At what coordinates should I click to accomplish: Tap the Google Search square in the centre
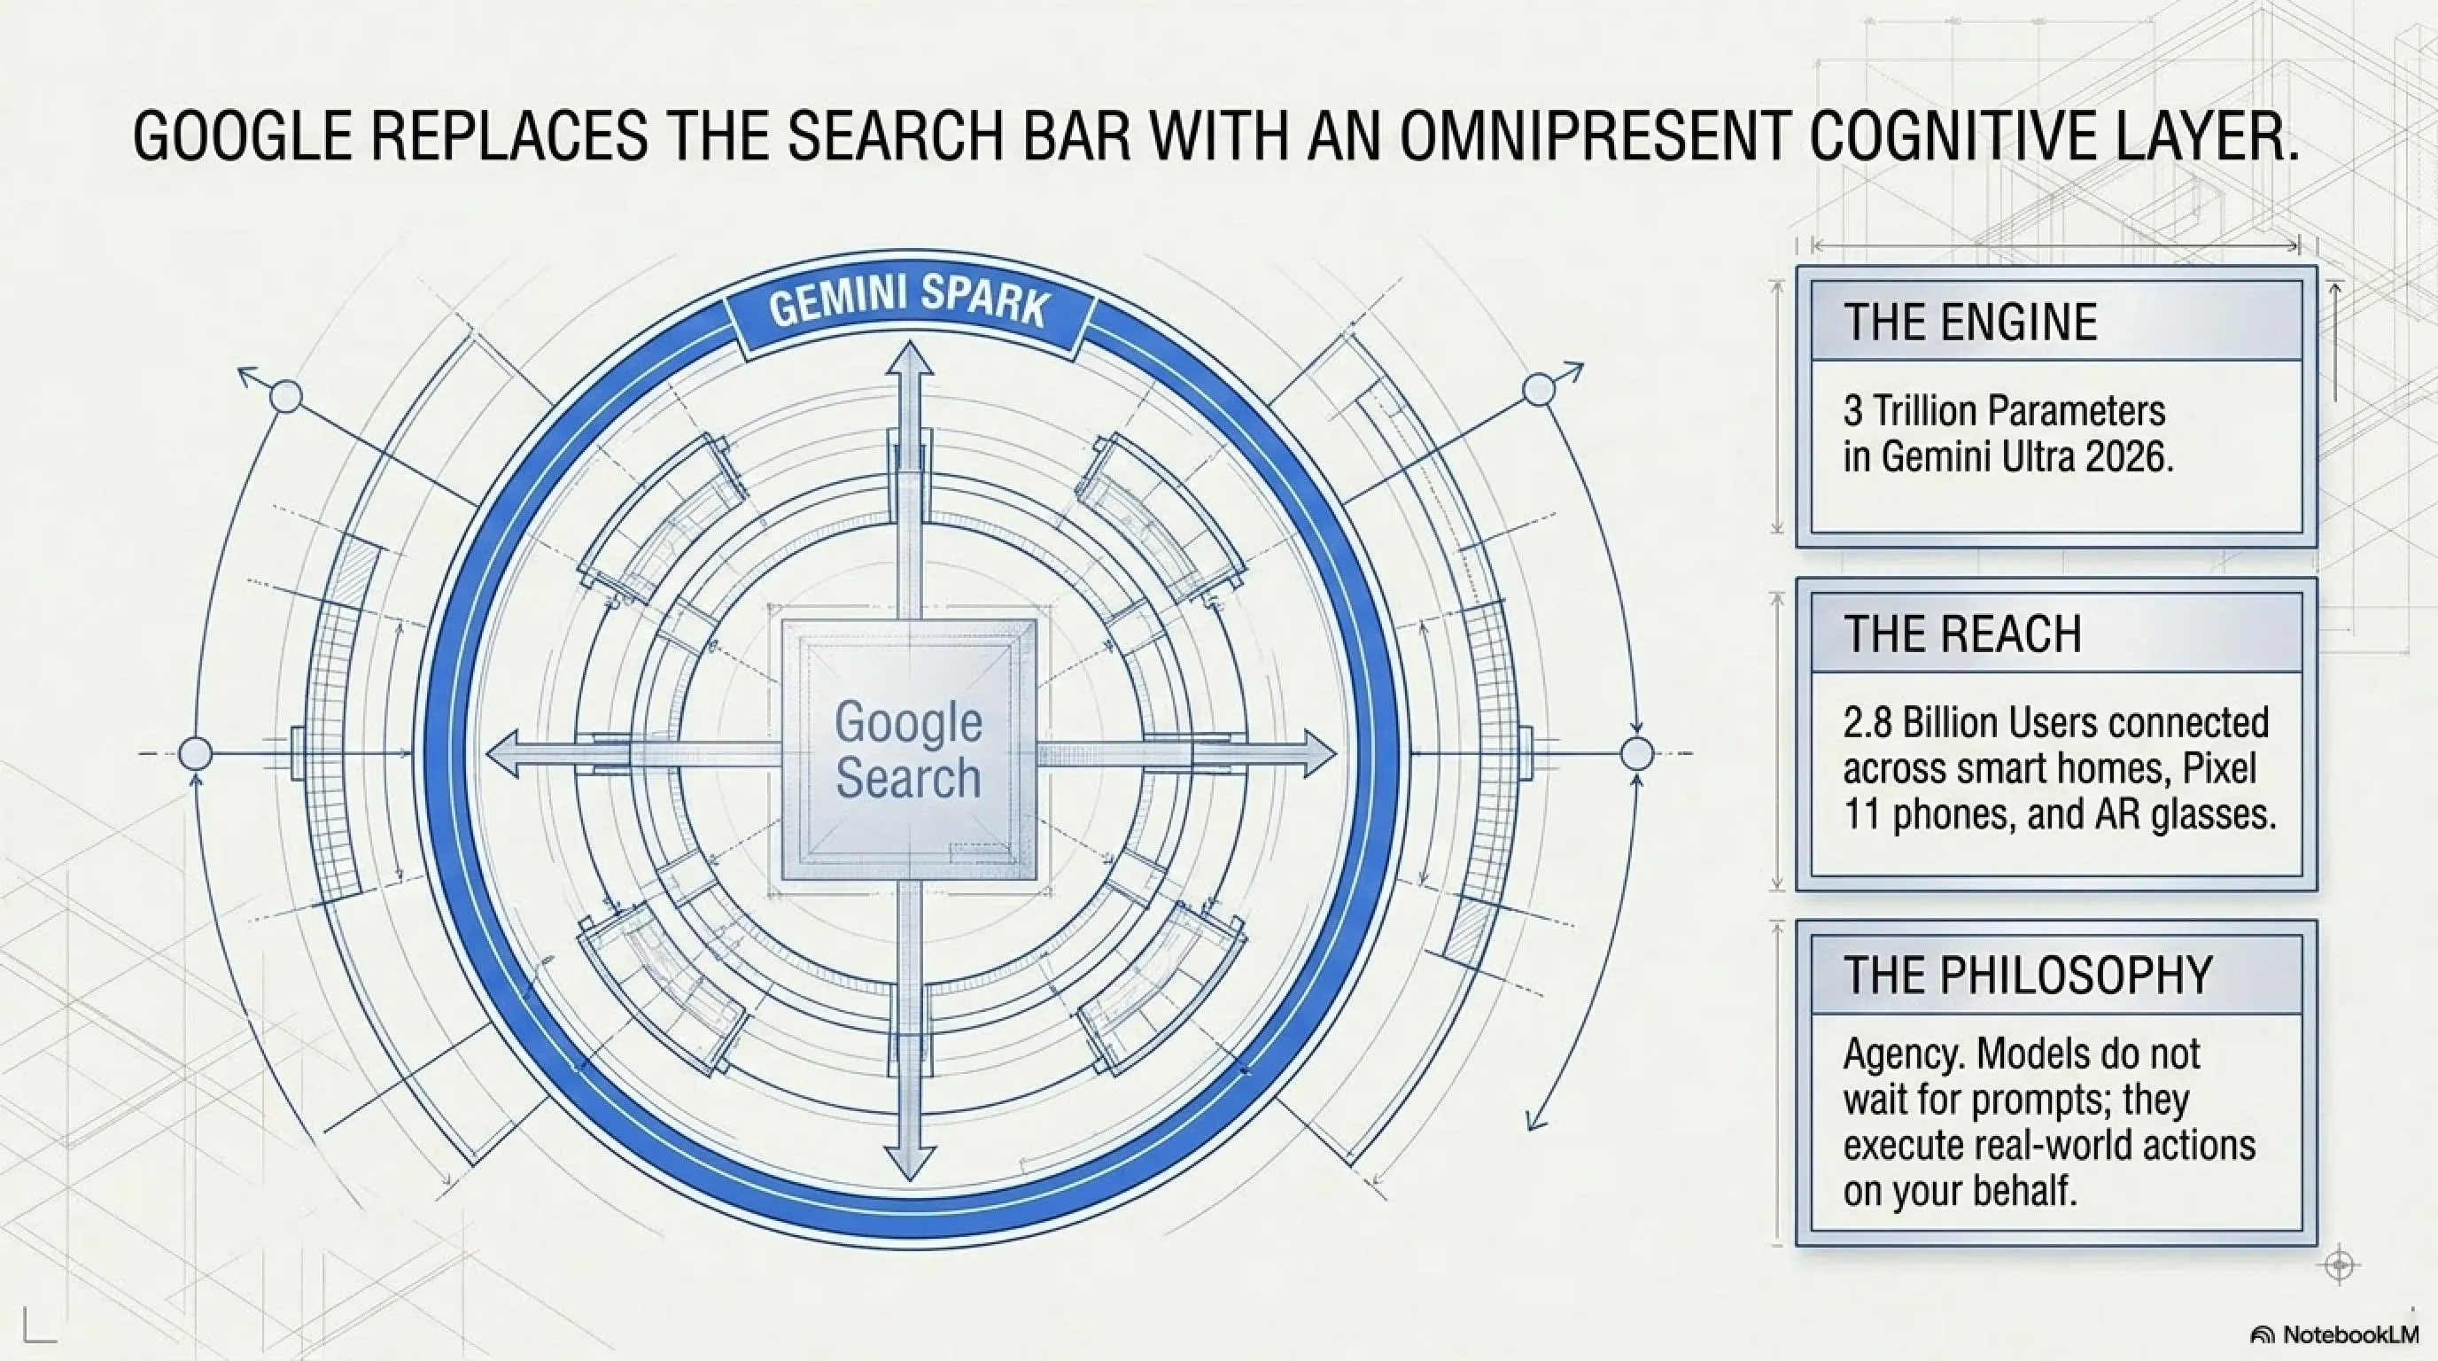(x=909, y=750)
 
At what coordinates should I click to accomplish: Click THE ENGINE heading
(x=1970, y=322)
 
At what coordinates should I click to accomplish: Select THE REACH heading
(x=1962, y=634)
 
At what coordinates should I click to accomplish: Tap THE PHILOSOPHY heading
(x=2027, y=974)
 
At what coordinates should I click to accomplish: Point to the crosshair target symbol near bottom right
(x=2341, y=1265)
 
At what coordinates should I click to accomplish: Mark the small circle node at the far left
(x=195, y=754)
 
